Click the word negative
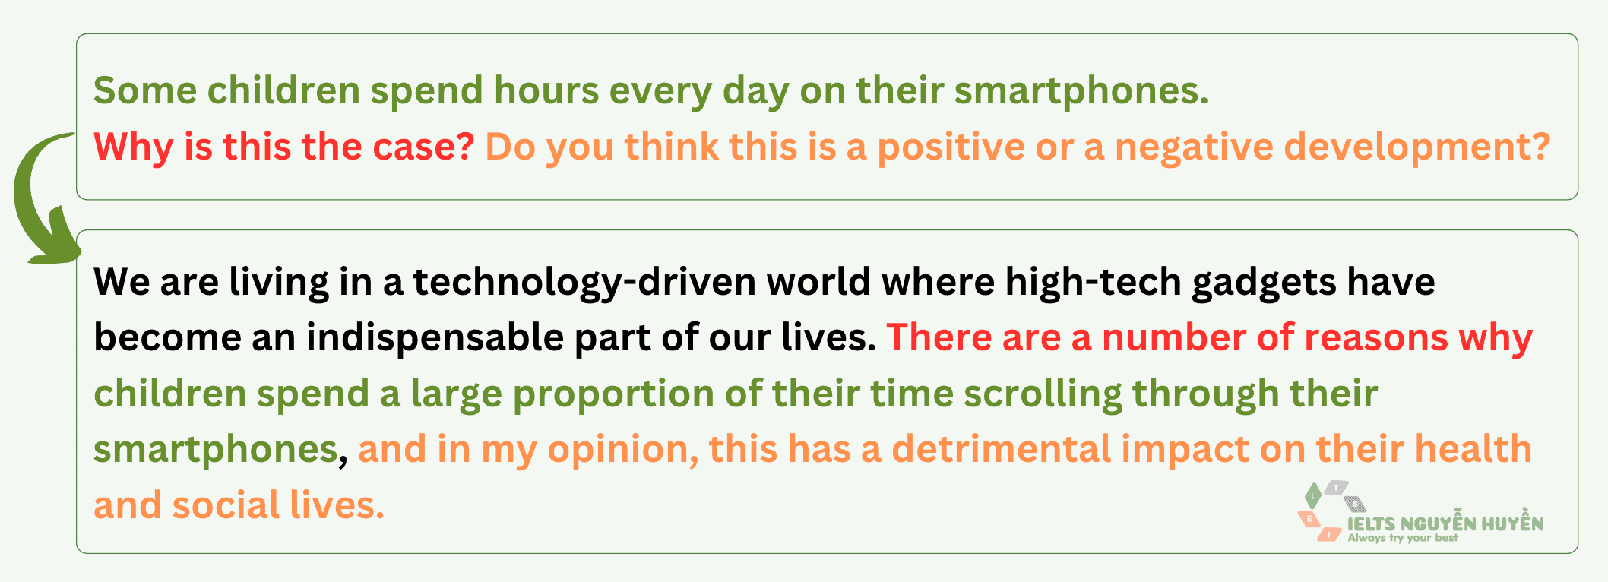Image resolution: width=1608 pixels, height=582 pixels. tap(1194, 147)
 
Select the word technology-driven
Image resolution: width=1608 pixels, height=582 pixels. tap(584, 283)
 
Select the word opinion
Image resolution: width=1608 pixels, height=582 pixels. tap(622, 450)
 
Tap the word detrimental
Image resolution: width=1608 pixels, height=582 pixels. tap(1001, 450)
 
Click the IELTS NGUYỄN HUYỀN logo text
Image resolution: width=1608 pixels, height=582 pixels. tap(1445, 524)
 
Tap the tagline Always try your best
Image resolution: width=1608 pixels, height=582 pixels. tap(1403, 539)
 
